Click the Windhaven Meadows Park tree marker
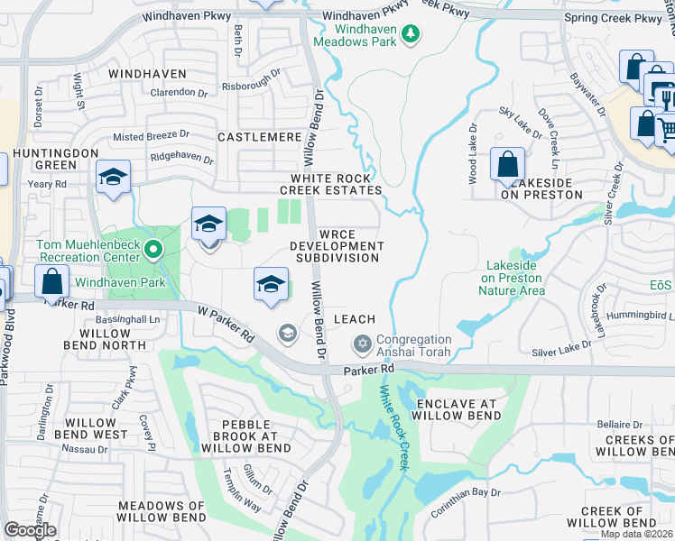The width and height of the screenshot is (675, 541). pos(411,33)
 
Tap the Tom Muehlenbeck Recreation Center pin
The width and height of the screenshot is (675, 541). pos(153,249)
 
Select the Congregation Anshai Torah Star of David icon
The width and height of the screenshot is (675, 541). pos(362,344)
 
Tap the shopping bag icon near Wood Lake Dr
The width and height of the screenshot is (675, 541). pos(507,164)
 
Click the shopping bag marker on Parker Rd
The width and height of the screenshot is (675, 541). pos(51,281)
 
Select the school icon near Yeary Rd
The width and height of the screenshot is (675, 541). pos(114,177)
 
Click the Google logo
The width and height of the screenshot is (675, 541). pos(30,530)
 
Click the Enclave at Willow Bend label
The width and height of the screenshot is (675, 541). pos(456,408)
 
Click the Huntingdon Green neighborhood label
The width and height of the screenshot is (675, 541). pos(56,159)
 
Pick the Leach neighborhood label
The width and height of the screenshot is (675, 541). pos(354,319)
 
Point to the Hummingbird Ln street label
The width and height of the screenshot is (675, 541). pos(642,315)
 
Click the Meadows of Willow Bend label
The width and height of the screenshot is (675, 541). pos(162,512)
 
